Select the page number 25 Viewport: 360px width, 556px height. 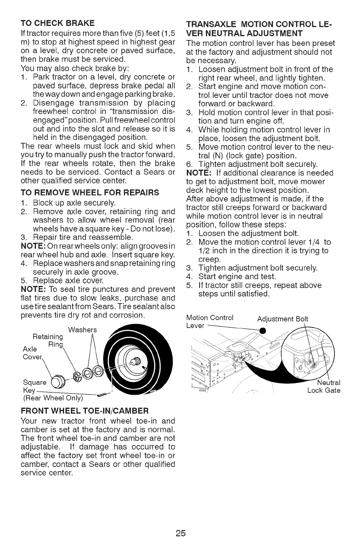(180, 532)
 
